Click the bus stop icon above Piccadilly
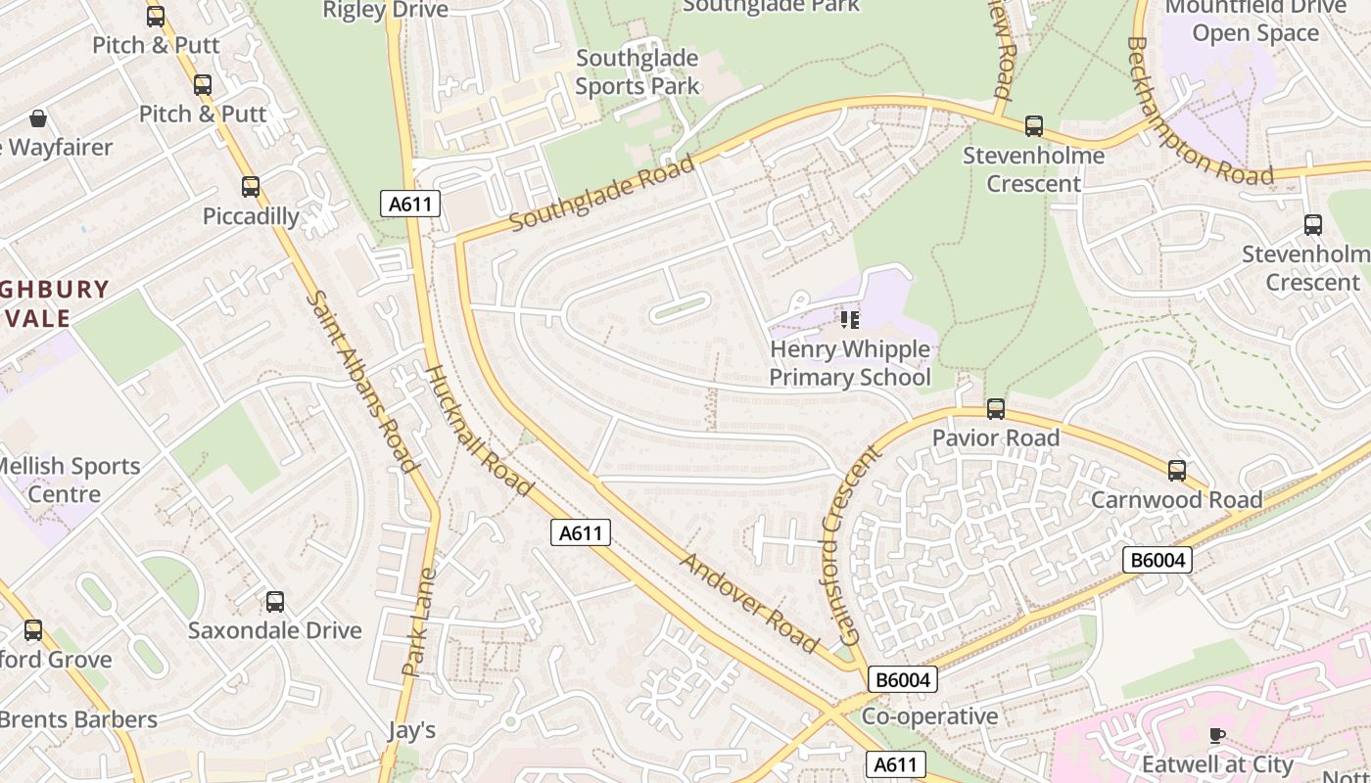tap(251, 186)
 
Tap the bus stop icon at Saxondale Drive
tap(275, 602)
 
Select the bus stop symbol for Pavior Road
tap(996, 408)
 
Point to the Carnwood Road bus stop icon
tap(1177, 470)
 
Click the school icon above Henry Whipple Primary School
tap(849, 319)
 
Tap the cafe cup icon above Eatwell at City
tap(1217, 735)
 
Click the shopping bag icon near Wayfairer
tap(38, 118)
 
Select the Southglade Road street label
tap(602, 192)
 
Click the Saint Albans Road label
tap(363, 382)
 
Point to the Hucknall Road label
tap(480, 431)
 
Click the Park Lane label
tap(418, 622)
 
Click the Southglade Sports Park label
tap(638, 72)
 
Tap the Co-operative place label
tap(929, 716)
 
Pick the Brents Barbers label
tap(78, 719)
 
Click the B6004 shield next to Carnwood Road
tap(1157, 560)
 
